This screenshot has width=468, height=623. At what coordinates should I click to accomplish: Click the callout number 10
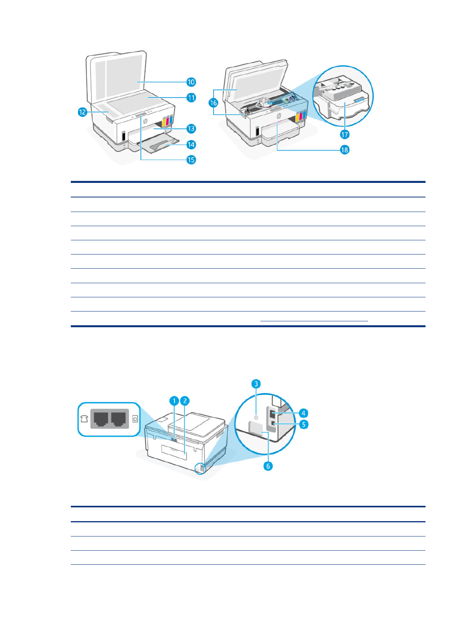point(191,82)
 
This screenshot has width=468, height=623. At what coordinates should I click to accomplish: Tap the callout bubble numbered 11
point(191,98)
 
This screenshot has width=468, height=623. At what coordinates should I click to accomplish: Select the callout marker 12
point(82,112)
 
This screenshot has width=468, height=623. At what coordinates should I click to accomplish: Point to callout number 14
point(191,145)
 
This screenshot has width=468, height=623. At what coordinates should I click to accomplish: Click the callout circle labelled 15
point(191,160)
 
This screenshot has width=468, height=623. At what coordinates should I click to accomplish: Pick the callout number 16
point(213,103)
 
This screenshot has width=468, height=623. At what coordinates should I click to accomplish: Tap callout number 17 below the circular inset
point(345,135)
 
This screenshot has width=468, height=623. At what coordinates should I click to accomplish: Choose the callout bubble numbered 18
point(345,150)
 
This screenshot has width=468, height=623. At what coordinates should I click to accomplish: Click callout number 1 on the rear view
point(174,401)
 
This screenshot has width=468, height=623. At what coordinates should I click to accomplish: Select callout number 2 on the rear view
point(184,401)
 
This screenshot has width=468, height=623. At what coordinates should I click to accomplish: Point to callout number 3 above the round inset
point(256,383)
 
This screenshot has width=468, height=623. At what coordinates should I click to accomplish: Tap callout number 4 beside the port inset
point(303,413)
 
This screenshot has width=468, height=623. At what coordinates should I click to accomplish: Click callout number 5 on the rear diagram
point(303,424)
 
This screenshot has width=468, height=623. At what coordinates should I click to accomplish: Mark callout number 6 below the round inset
point(268,466)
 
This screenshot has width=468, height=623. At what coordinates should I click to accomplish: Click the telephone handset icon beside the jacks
point(84,419)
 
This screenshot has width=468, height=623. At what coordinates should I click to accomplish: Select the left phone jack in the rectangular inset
point(101,418)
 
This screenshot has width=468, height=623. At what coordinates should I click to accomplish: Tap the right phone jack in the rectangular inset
point(119,418)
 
